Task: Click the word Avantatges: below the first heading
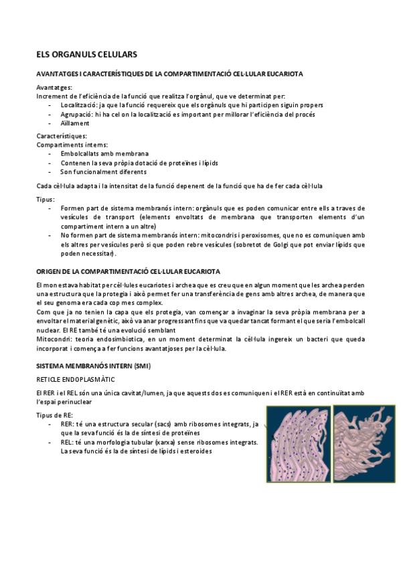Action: coord(55,88)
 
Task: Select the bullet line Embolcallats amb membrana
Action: coord(104,153)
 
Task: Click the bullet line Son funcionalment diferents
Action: coord(102,171)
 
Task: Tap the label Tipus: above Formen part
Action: coord(46,200)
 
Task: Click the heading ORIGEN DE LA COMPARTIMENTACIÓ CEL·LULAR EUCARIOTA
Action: coord(128,271)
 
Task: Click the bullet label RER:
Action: coord(67,424)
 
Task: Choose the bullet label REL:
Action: coord(67,442)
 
